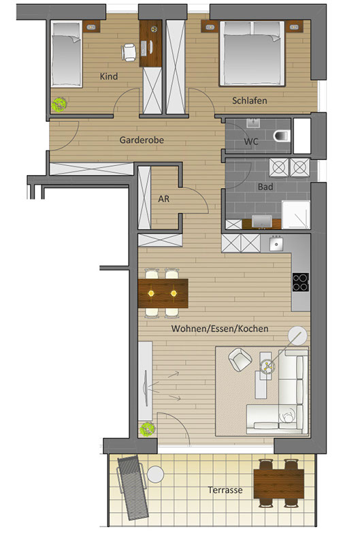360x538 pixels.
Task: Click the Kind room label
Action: pyautogui.click(x=109, y=76)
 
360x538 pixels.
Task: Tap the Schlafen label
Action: pyautogui.click(x=250, y=101)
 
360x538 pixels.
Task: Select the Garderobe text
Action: pyautogui.click(x=142, y=140)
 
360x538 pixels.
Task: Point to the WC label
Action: pyautogui.click(x=251, y=142)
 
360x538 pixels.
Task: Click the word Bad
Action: pyautogui.click(x=265, y=187)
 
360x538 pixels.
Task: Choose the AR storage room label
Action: pyautogui.click(x=163, y=199)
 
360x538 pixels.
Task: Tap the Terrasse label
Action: pyautogui.click(x=225, y=490)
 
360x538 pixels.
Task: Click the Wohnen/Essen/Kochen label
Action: pyautogui.click(x=220, y=329)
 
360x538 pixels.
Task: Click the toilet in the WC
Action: pyautogui.click(x=282, y=136)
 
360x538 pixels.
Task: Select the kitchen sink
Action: pyautogui.click(x=276, y=244)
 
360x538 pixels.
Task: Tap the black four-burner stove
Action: pyautogui.click(x=300, y=282)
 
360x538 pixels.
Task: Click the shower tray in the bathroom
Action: pyautogui.click(x=296, y=215)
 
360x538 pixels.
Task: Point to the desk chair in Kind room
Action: pyautogui.click(x=129, y=52)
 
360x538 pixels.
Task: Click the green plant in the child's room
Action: pyautogui.click(x=59, y=105)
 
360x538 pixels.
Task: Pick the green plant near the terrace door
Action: pyautogui.click(x=147, y=429)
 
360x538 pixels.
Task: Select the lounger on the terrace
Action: pyautogui.click(x=132, y=488)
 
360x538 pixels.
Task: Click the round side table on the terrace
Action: pyautogui.click(x=156, y=474)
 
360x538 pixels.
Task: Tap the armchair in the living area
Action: pyautogui.click(x=240, y=360)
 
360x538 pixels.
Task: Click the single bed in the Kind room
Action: pyautogui.click(x=66, y=54)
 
